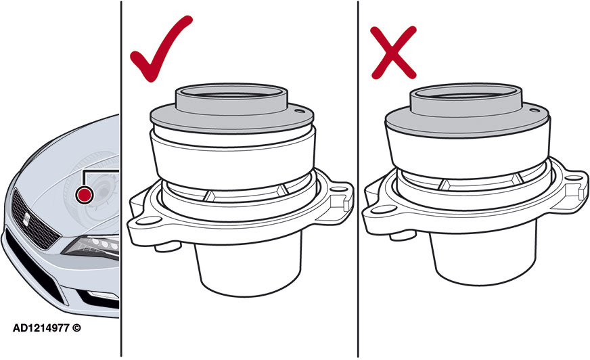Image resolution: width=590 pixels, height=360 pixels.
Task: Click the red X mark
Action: pos(394,53)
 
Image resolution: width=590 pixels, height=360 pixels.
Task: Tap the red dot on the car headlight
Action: pos(84,195)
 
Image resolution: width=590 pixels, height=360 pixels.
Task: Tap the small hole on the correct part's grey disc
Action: pos(300,112)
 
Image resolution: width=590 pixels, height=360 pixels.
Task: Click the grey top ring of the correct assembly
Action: pos(232,99)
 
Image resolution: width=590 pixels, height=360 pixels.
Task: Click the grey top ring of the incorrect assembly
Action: pos(466,97)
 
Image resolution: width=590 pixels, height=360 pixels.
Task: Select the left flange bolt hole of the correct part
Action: pos(147,221)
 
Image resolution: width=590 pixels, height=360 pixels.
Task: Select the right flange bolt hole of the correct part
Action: pos(339,190)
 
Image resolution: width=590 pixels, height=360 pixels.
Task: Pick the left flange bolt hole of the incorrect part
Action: pos(383,210)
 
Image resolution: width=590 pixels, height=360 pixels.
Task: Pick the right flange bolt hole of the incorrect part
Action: pos(574,177)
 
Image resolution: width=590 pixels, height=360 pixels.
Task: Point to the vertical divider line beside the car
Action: pos(121,179)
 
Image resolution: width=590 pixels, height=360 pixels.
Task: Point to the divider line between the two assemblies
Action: pos(358,179)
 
